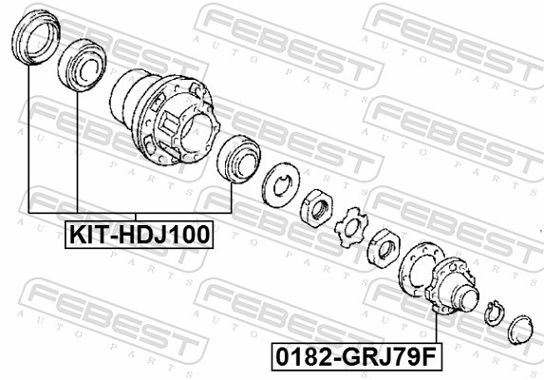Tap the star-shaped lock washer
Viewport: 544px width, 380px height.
(351, 228)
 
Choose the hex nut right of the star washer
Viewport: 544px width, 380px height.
(384, 249)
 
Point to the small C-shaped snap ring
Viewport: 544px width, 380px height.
(490, 313)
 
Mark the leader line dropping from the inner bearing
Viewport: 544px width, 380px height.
(74, 152)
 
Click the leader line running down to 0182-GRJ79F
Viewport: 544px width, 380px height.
(435, 328)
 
